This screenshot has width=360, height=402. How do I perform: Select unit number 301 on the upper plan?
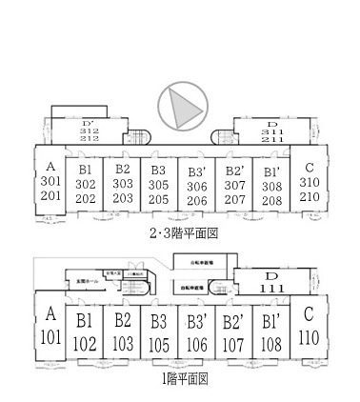(51, 181)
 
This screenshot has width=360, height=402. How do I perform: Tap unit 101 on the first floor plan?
(51, 335)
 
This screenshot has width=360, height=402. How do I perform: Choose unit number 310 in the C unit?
(308, 181)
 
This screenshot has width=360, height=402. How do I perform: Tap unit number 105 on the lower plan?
(158, 343)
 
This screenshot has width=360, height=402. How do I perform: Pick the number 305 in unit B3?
(158, 185)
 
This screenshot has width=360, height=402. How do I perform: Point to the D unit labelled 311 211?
(271, 131)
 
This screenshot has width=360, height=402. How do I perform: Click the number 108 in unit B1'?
(270, 343)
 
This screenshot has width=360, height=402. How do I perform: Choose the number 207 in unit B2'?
(234, 199)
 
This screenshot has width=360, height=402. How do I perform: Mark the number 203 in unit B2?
(122, 199)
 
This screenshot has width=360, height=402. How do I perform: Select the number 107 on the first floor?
(233, 343)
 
